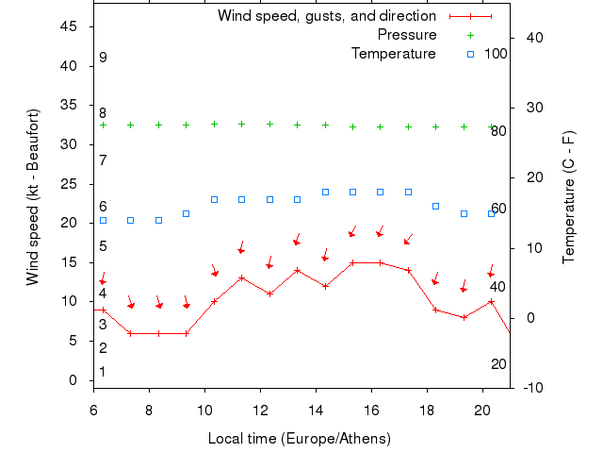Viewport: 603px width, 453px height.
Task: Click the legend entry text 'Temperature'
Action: pos(394,54)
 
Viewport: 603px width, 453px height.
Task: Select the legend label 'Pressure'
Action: pos(407,35)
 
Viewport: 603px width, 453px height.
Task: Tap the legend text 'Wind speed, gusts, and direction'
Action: pos(327,16)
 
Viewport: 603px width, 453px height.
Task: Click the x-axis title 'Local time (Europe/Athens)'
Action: pos(299,439)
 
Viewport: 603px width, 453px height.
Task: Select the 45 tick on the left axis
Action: pos(68,26)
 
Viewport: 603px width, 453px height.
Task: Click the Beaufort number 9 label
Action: pos(103,58)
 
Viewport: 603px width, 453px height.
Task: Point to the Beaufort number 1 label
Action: pos(103,372)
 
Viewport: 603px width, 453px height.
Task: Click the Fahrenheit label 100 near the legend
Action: pos(496,54)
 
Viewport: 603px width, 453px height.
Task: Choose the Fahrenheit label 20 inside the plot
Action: pos(498,364)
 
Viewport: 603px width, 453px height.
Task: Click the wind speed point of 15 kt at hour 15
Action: pos(352,262)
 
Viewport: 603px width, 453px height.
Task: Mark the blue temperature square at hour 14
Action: pos(325,192)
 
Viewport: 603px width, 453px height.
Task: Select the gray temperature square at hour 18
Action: pos(435,206)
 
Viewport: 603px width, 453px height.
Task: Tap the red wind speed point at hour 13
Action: pos(297,270)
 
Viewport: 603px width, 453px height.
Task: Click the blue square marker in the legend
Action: pos(470,54)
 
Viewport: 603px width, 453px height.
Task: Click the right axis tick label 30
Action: pos(532,108)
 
